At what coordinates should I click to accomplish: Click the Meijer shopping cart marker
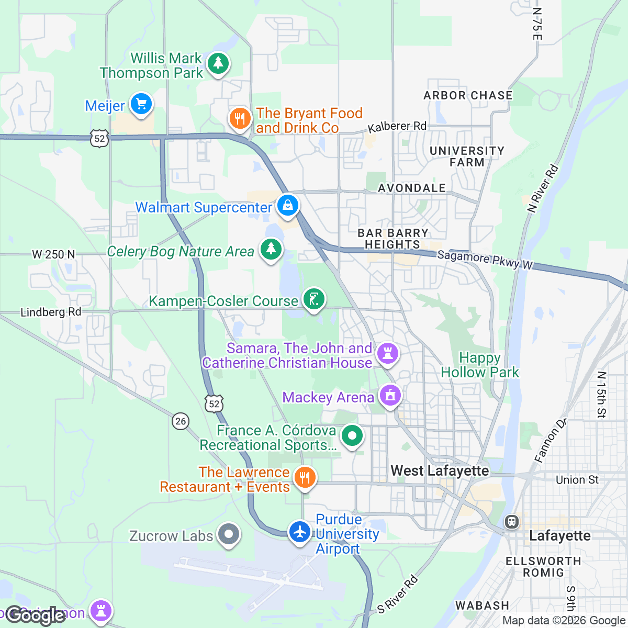(140, 104)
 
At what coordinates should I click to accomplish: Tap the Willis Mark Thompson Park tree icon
(218, 63)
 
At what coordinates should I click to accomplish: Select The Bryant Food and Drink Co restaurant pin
(240, 119)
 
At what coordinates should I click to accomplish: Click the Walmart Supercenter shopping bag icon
(287, 205)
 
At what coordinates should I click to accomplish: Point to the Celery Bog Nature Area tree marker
(271, 250)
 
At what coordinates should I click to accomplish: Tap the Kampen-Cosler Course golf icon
(314, 299)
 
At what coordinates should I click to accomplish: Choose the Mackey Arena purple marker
(390, 396)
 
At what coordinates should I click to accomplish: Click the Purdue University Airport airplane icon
(299, 532)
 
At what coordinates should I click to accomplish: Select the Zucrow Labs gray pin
(228, 534)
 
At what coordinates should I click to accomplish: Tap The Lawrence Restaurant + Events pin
(304, 477)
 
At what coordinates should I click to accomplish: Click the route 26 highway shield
(181, 421)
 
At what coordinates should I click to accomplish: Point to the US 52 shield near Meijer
(99, 138)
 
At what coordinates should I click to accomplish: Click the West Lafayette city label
(440, 471)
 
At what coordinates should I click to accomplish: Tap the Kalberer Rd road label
(397, 127)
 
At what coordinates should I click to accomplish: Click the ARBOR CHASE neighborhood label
(468, 95)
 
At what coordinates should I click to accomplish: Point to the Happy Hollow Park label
(480, 365)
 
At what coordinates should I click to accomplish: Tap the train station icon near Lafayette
(511, 522)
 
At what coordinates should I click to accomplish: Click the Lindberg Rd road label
(51, 312)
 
